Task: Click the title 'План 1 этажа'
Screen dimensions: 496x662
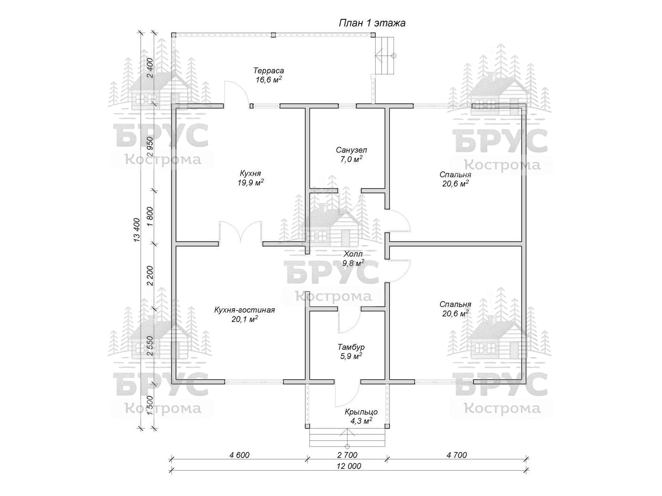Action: [x=372, y=23]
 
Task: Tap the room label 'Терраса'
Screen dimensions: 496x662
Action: [x=269, y=71]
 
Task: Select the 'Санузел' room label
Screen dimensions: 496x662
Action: [x=351, y=150]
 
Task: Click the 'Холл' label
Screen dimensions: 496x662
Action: [x=353, y=254]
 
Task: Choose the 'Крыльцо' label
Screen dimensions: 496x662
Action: [x=361, y=412]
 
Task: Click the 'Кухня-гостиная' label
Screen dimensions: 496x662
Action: [x=245, y=310]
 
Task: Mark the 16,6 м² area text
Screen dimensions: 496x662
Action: [x=269, y=80]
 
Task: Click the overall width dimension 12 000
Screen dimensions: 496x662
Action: [x=349, y=466]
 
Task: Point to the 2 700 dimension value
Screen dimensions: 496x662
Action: [x=348, y=455]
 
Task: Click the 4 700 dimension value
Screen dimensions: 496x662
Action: [x=456, y=455]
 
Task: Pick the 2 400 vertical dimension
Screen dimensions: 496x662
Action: [x=149, y=69]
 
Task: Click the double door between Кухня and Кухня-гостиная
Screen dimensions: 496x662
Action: [x=240, y=232]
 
